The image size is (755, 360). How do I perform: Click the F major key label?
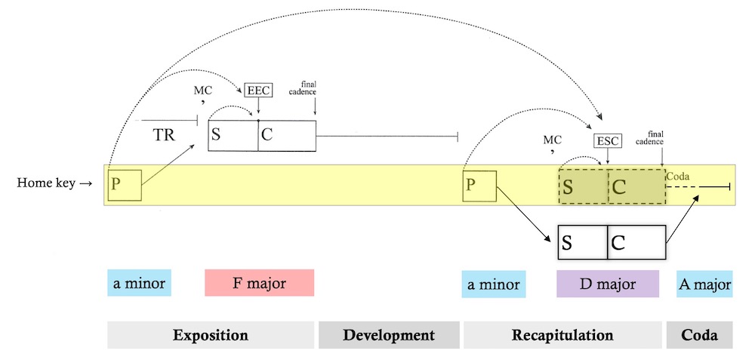coord(259,283)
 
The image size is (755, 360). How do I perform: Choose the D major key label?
coord(608,284)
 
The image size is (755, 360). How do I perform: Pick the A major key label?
coord(704,284)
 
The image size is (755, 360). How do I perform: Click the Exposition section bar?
coord(211,335)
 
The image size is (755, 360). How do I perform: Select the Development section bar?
coord(389,335)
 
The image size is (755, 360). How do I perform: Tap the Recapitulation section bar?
coord(562,335)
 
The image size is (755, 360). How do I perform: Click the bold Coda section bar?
coord(699,335)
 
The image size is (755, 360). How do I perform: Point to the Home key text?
coord(50,183)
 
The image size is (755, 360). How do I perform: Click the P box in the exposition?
coord(125,184)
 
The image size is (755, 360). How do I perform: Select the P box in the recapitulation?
coord(479,185)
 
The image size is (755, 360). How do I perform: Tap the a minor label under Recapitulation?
coord(493,284)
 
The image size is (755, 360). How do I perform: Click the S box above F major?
coord(233,136)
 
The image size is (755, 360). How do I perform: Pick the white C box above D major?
coord(636,243)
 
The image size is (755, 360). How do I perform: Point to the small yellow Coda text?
coord(677,176)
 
